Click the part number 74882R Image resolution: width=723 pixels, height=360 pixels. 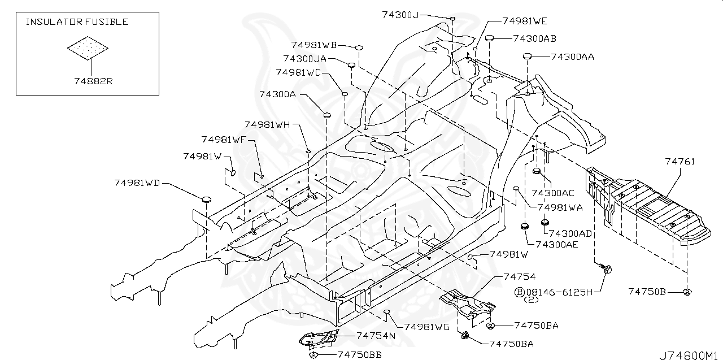93,81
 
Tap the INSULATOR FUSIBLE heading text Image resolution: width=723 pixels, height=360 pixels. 77,22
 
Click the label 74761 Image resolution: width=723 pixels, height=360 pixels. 680,162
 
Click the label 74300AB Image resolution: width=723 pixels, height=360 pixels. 534,38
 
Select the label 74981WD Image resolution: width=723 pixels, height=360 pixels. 137,183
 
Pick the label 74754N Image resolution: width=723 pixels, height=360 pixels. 376,335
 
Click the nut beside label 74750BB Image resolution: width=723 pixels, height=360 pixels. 313,354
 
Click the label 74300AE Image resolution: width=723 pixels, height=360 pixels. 557,244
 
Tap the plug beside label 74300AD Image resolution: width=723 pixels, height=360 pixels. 546,223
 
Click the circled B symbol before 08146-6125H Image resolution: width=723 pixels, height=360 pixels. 519,292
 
